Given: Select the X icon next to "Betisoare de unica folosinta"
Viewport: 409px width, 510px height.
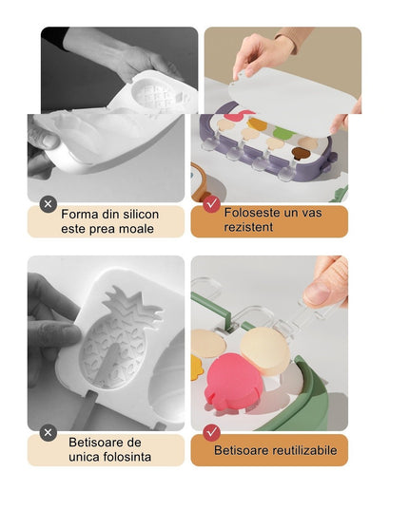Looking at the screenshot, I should [49, 432].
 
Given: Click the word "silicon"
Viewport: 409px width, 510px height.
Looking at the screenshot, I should [135, 214].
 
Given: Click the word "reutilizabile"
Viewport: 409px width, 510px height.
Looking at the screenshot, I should [305, 449].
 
